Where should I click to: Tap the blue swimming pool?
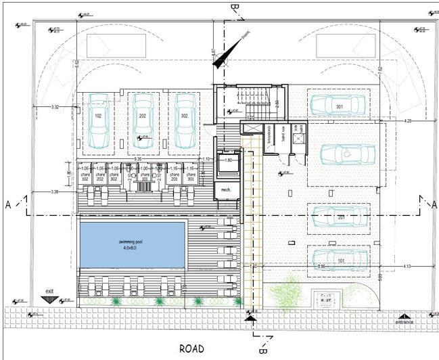point(133,244)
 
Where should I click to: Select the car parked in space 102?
point(99,120)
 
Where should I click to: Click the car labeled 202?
point(143,120)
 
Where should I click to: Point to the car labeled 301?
point(339,105)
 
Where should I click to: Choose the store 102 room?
point(85,176)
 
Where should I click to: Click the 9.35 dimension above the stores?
point(137,160)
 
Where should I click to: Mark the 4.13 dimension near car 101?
point(407,267)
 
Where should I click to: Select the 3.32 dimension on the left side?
point(55,107)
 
